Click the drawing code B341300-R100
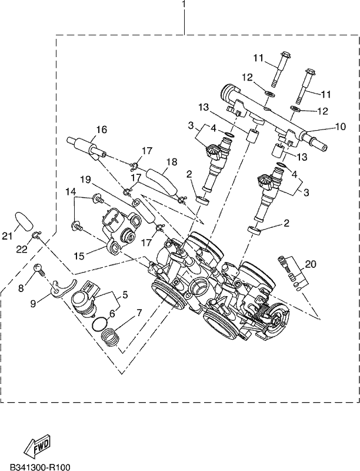(40, 467)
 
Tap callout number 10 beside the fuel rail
(339, 127)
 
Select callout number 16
(101, 130)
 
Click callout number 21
(8, 237)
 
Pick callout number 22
(22, 249)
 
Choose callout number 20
(311, 264)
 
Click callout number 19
(85, 180)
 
